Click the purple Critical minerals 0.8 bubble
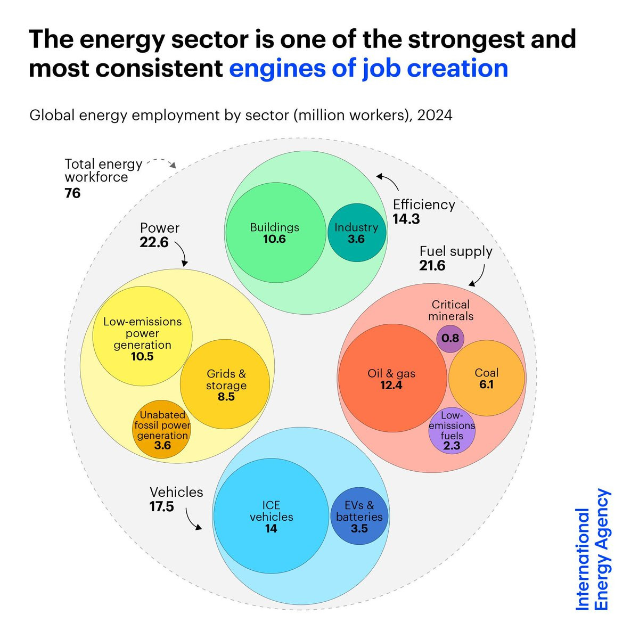click(x=450, y=339)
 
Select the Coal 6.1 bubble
click(x=487, y=378)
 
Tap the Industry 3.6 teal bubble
click(x=356, y=233)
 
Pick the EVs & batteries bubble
click(x=359, y=516)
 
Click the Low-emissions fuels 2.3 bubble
click(x=452, y=430)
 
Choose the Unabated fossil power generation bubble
click(x=162, y=429)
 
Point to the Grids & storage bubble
click(x=225, y=384)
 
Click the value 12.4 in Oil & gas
click(x=391, y=385)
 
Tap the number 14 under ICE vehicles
click(x=271, y=528)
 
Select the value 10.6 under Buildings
click(x=274, y=239)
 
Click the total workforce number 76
click(x=72, y=193)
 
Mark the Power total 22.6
click(x=154, y=242)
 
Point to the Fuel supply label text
click(x=456, y=252)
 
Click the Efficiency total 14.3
click(x=406, y=219)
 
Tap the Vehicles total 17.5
click(x=161, y=506)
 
